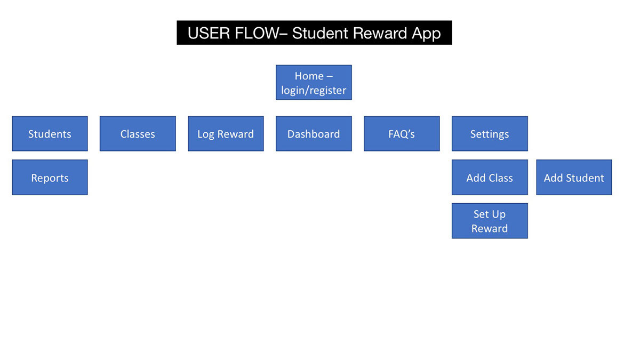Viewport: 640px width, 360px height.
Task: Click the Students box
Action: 50,133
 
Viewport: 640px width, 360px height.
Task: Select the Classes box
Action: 138,133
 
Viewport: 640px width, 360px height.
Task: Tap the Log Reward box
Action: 226,133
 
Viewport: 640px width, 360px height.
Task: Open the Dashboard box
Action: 314,133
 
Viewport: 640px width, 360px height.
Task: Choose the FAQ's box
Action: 402,133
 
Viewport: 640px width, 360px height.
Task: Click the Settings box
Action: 490,133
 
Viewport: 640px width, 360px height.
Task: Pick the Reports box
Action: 50,178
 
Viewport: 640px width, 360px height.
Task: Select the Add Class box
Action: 490,178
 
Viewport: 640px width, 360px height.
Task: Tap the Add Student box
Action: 574,178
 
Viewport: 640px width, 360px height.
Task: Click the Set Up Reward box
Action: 490,221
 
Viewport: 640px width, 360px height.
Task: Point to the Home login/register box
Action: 314,83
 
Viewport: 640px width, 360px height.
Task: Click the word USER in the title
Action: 209,33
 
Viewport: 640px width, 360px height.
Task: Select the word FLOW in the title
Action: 257,33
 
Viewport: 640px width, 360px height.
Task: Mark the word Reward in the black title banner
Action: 380,33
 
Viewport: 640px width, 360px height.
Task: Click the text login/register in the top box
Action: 314,90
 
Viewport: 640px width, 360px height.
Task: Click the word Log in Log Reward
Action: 206,134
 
